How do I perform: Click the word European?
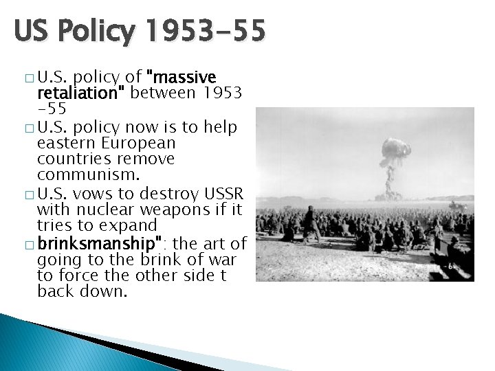142,143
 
